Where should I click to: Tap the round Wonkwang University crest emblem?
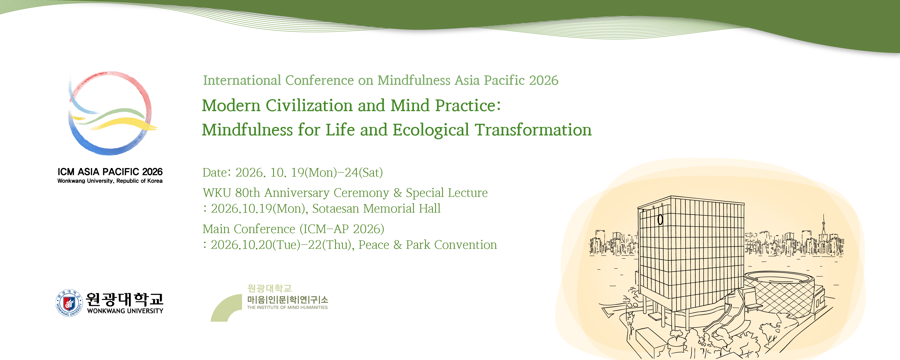[69, 303]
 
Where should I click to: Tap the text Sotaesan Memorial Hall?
[376, 209]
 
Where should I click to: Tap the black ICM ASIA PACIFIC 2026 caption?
[110, 172]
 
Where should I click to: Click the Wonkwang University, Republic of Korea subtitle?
[110, 181]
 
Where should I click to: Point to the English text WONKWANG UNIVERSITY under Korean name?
[125, 311]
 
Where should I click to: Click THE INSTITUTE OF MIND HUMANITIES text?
[287, 308]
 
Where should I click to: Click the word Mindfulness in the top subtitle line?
[414, 80]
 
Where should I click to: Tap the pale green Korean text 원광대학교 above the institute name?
[269, 288]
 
